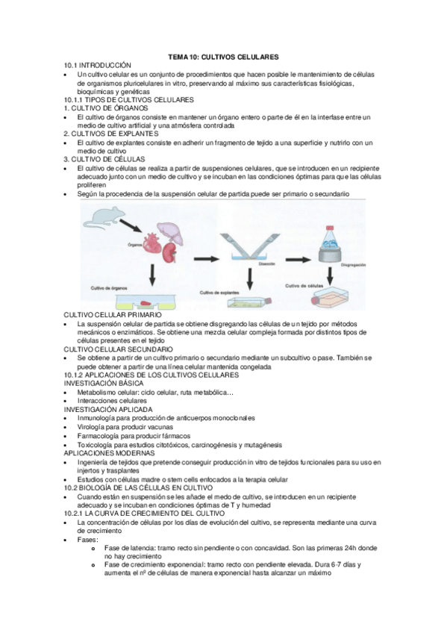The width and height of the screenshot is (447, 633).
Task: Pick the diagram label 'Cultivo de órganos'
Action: (x=110, y=287)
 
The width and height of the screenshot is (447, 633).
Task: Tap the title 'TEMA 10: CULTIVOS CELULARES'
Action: (x=224, y=57)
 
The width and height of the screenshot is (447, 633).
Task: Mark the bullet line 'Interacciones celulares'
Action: (x=117, y=401)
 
